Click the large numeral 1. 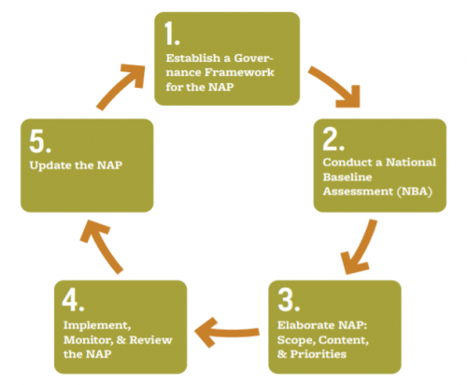pos(169,34)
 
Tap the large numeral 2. pos(331,139)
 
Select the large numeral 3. pos(285,299)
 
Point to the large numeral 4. pos(70,299)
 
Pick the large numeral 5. pos(36,141)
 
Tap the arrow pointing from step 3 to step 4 pos(227,333)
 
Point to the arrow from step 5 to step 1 pos(120,86)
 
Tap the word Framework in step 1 pos(239,73)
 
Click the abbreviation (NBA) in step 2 pos(415,192)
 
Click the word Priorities pos(318,354)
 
